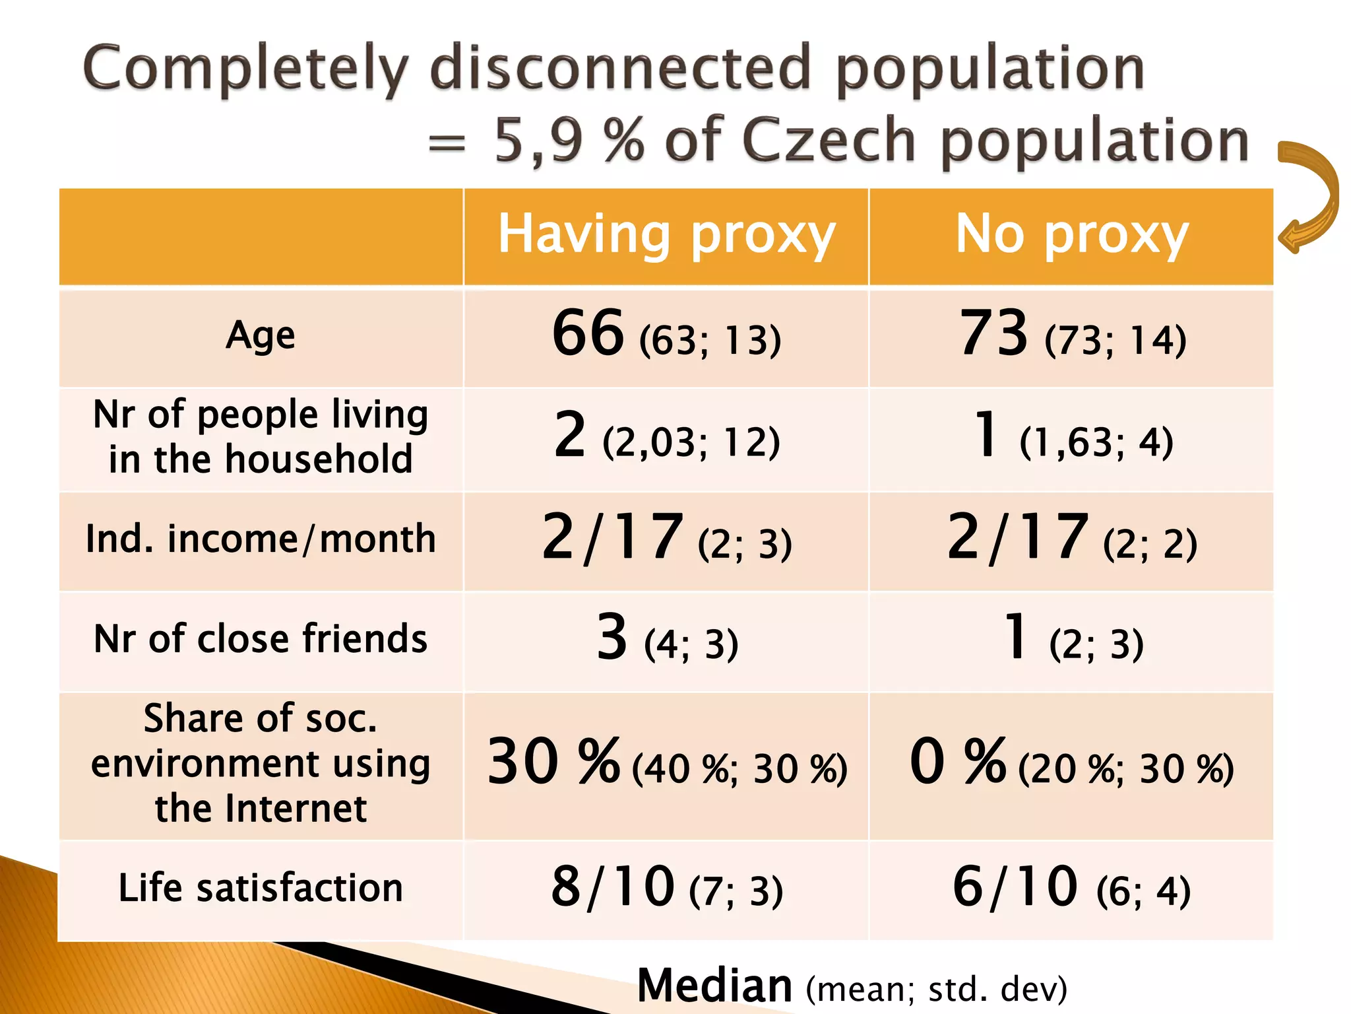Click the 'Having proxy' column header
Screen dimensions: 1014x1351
pyautogui.click(x=666, y=235)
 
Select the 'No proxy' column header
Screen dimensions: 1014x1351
pyautogui.click(x=1071, y=235)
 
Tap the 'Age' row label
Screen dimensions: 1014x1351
pyautogui.click(x=261, y=336)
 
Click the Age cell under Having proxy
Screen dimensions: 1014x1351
pyautogui.click(x=666, y=336)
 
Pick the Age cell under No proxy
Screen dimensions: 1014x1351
pyautogui.click(x=1071, y=336)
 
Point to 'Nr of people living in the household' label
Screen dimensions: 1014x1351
pyautogui.click(x=261, y=436)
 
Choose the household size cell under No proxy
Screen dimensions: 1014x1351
pyautogui.click(x=1071, y=438)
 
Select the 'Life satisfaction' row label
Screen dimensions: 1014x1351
pyautogui.click(x=261, y=888)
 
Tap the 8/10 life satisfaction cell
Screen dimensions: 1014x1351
pyautogui.click(x=666, y=888)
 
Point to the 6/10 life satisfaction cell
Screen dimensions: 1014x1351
pyautogui.click(x=1071, y=888)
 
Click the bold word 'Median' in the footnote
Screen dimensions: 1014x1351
pyautogui.click(x=714, y=985)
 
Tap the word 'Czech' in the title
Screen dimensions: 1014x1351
pyautogui.click(x=829, y=140)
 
